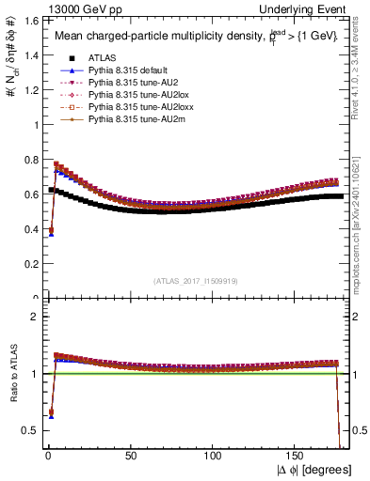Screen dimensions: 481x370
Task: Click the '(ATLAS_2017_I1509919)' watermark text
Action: (195, 281)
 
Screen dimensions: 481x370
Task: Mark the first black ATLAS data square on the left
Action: (51, 191)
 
